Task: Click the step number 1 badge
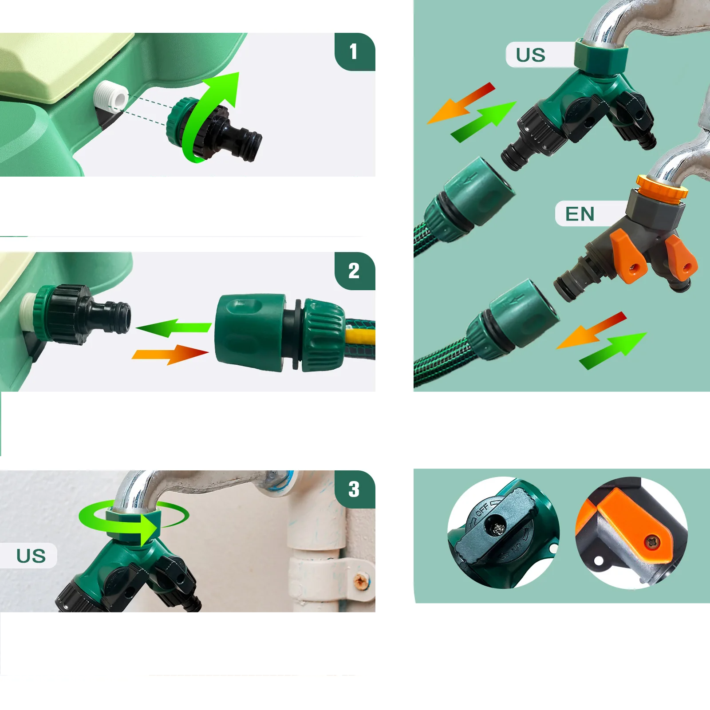[x=355, y=51]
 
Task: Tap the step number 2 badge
[x=355, y=271]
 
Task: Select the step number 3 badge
[x=355, y=489]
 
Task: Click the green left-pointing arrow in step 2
[x=174, y=327]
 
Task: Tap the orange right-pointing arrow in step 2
[x=170, y=354]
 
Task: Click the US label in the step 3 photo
[x=31, y=556]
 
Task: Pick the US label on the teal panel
[x=531, y=55]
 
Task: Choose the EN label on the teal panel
[x=580, y=214]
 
